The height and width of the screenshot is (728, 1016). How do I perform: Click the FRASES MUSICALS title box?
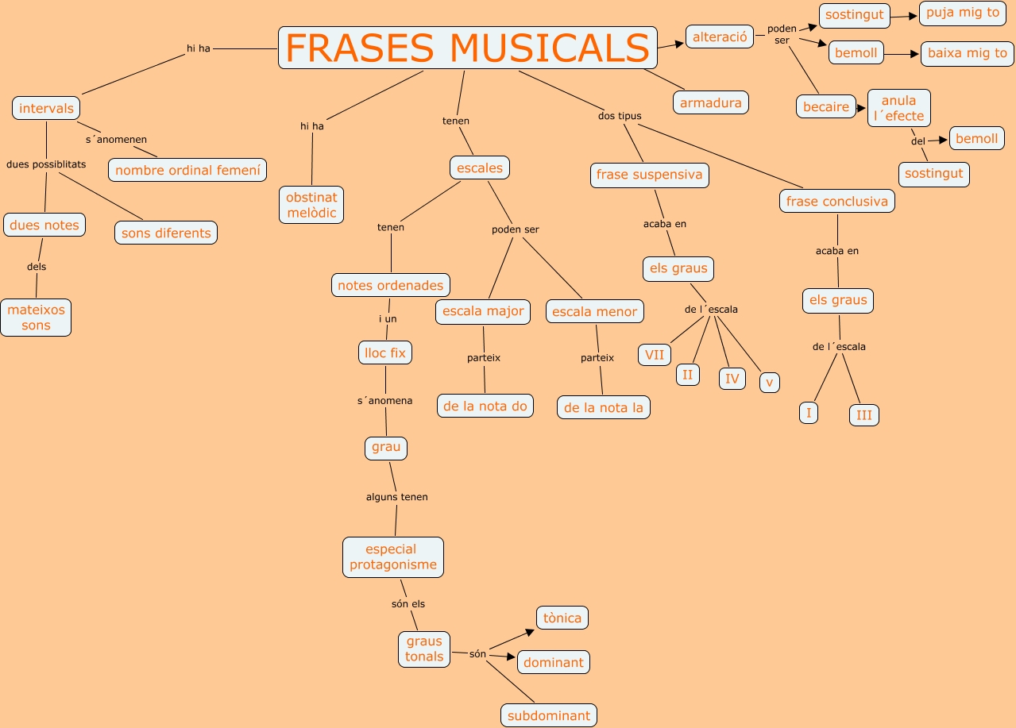click(x=468, y=48)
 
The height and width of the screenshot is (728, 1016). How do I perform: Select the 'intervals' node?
click(x=46, y=108)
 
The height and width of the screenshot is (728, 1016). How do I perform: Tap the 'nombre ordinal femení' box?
click(x=187, y=170)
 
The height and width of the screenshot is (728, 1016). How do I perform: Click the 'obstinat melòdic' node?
click(x=311, y=205)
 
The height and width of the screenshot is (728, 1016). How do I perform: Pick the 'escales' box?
click(x=480, y=168)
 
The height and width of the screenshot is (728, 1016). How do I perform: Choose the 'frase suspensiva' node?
click(x=649, y=175)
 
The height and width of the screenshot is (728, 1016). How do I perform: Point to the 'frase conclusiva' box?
click(x=837, y=201)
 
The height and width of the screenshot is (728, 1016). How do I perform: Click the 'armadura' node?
click(x=711, y=102)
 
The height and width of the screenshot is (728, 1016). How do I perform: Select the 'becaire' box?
click(x=826, y=106)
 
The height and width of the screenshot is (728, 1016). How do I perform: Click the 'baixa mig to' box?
click(x=967, y=53)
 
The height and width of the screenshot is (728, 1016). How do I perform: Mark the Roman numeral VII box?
click(x=655, y=355)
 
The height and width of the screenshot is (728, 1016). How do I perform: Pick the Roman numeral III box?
click(x=864, y=415)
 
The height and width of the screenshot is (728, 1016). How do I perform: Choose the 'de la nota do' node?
click(x=485, y=406)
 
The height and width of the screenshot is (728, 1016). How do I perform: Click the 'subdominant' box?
click(x=549, y=715)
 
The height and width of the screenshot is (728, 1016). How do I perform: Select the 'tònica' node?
click(x=562, y=618)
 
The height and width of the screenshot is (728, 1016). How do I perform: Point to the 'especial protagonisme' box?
click(x=393, y=557)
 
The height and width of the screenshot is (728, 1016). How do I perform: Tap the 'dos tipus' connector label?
click(x=620, y=116)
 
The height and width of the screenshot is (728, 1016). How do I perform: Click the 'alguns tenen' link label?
click(x=397, y=497)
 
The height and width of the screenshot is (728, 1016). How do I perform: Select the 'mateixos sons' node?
click(x=36, y=318)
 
